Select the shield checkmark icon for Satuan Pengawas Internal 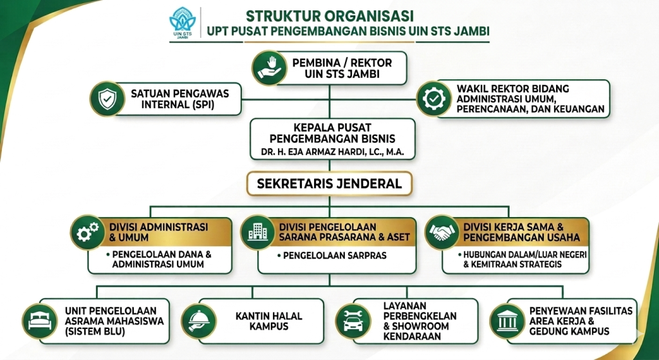107,99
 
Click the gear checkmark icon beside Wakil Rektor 434,99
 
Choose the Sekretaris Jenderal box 329,184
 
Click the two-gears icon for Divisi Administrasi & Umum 88,232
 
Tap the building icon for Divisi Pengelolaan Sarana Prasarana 257,232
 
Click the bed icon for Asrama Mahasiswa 39,321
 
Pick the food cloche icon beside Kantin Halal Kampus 199,321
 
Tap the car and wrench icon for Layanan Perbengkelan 353,321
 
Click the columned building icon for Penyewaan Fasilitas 507,321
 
